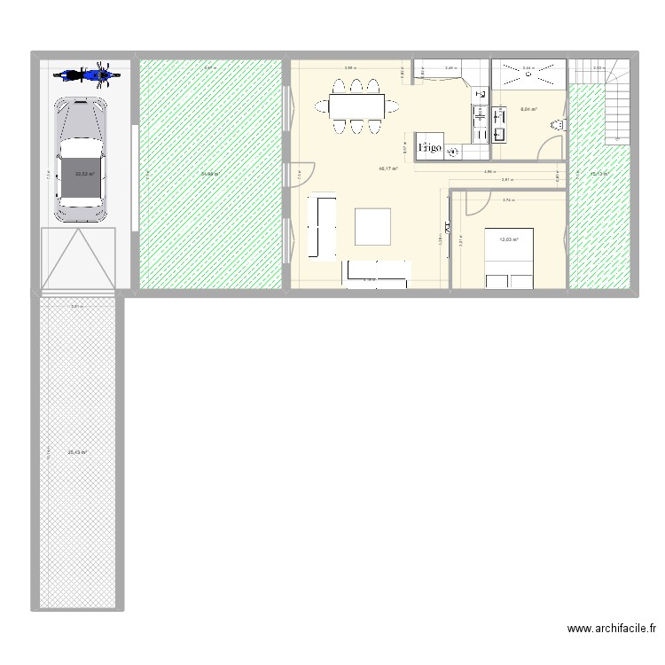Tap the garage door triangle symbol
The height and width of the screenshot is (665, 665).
point(80,257)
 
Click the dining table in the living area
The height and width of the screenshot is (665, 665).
point(355,106)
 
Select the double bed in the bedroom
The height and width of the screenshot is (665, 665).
point(508,257)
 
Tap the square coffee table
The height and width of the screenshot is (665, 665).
point(373,225)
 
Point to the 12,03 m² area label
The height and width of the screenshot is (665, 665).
point(508,239)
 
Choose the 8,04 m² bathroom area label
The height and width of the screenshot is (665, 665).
point(528,109)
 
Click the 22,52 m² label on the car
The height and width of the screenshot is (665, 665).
point(85,174)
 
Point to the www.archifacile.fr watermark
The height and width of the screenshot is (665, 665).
point(612,629)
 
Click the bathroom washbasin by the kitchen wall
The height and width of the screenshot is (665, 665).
point(499,134)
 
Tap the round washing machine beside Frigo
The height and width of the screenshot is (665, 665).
point(454,153)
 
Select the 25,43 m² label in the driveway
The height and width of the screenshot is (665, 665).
point(77,452)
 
